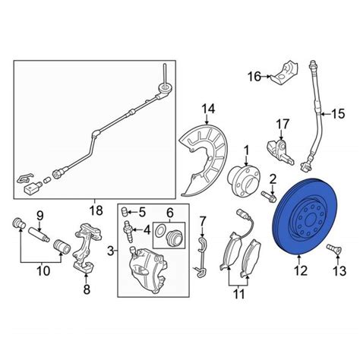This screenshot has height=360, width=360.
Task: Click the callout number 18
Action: click(95, 209)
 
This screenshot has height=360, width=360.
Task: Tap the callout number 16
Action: click(254, 75)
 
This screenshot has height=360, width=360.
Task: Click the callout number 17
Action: click(283, 124)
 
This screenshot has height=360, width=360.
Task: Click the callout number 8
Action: click(85, 289)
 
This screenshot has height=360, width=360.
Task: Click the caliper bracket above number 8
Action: click(85, 243)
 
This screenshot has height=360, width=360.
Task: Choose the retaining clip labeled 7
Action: click(201, 251)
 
